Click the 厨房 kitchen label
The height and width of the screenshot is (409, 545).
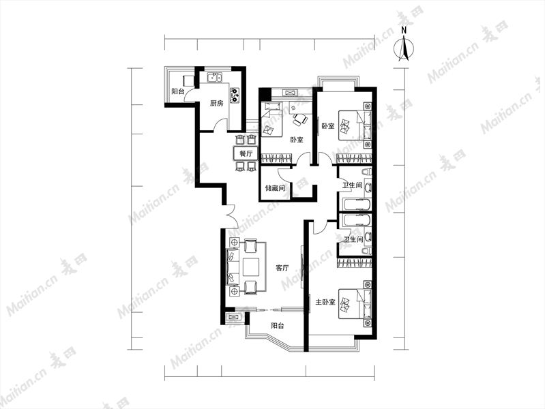(216, 103)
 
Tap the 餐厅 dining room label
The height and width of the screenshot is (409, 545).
(246, 153)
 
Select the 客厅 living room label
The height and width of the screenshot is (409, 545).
(282, 268)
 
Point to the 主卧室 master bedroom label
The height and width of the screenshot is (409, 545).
(325, 302)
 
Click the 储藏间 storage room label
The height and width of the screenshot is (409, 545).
(275, 188)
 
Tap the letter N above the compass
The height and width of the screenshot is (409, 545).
(404, 30)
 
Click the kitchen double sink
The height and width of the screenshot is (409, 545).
(215, 78)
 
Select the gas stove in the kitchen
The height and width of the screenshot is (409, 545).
(235, 95)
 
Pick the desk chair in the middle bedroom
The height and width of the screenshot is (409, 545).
(299, 120)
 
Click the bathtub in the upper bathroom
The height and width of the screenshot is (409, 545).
(357, 204)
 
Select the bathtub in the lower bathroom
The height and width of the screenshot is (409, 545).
(357, 220)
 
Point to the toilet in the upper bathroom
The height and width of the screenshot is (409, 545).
(366, 172)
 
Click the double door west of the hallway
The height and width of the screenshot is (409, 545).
(230, 216)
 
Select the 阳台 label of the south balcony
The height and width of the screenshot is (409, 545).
(278, 326)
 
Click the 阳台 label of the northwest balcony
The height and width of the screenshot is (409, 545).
(177, 91)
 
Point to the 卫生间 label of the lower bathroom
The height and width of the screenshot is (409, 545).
(353, 239)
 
